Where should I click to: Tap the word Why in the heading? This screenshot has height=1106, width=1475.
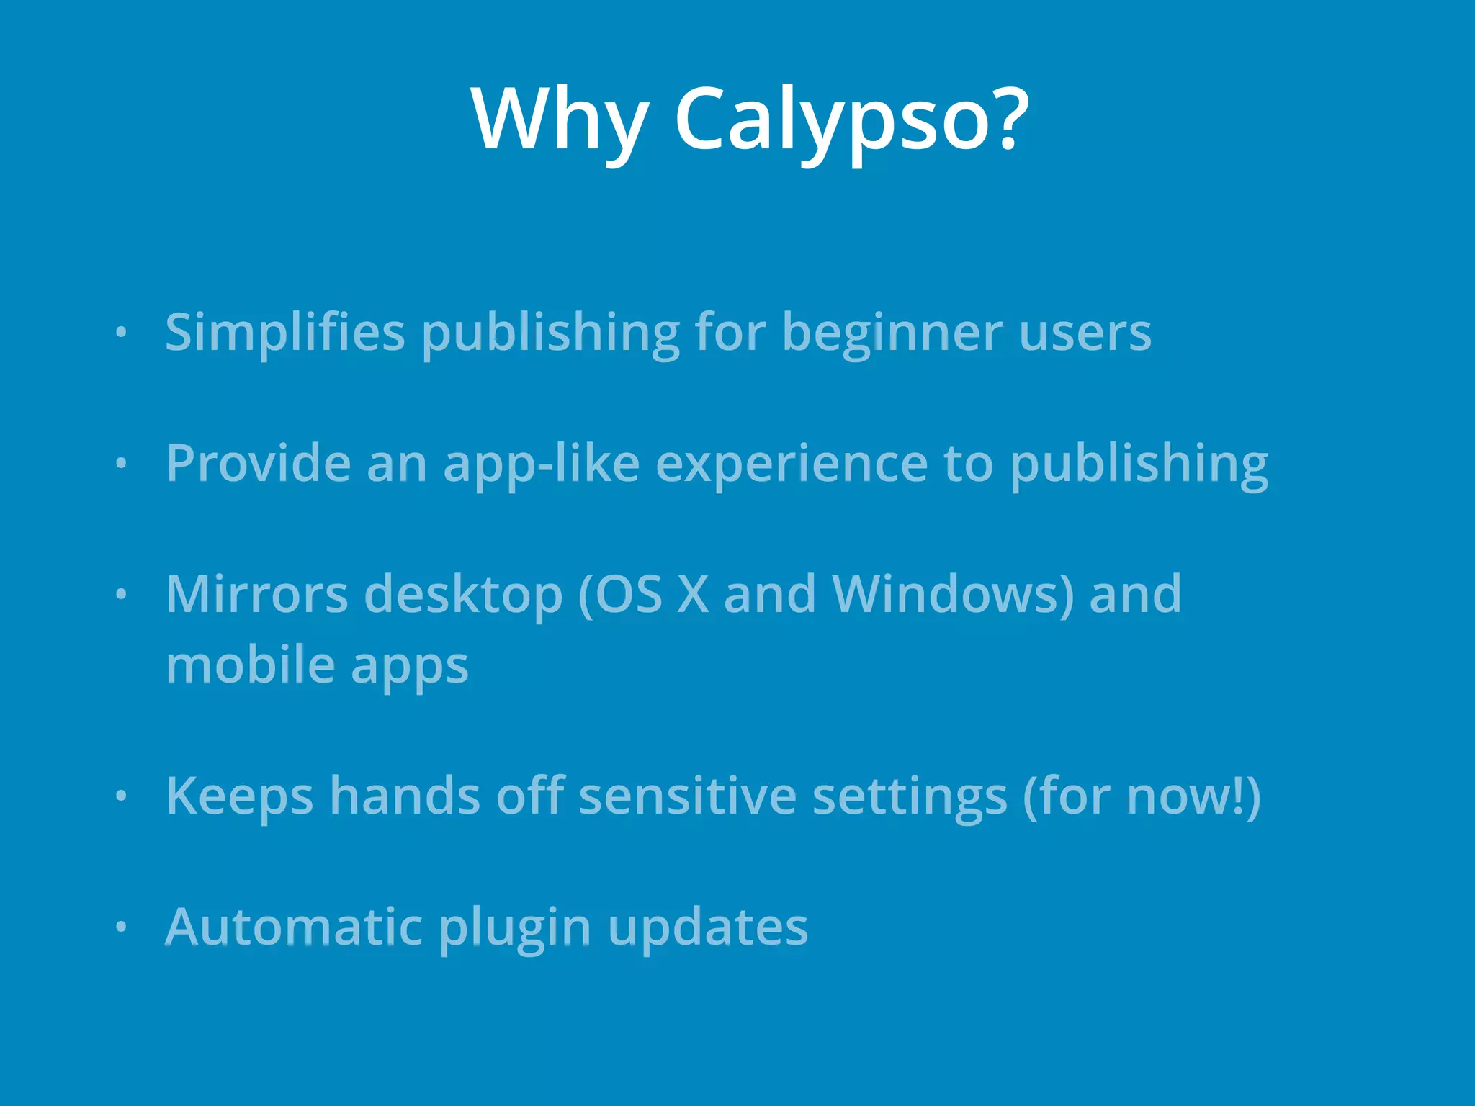coord(560,119)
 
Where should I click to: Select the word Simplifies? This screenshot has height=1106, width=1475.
coord(285,333)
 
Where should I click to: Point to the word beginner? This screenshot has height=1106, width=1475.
coord(892,333)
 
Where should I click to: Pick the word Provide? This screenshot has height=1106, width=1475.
coord(259,463)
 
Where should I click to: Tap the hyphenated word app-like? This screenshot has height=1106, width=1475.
coord(541,463)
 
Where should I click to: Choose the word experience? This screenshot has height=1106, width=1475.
coord(792,463)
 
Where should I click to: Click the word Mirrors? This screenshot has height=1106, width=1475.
coord(257,595)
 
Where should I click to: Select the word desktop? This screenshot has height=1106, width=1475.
coord(464,595)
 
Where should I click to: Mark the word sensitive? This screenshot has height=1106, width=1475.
coord(688,796)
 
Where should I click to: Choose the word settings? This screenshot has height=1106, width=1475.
coord(910,796)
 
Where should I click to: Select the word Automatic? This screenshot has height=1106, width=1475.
coord(293,927)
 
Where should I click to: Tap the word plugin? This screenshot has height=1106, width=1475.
coord(515,927)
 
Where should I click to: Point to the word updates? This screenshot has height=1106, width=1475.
coord(708,927)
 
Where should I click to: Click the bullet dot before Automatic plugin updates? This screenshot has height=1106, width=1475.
coord(121,927)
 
